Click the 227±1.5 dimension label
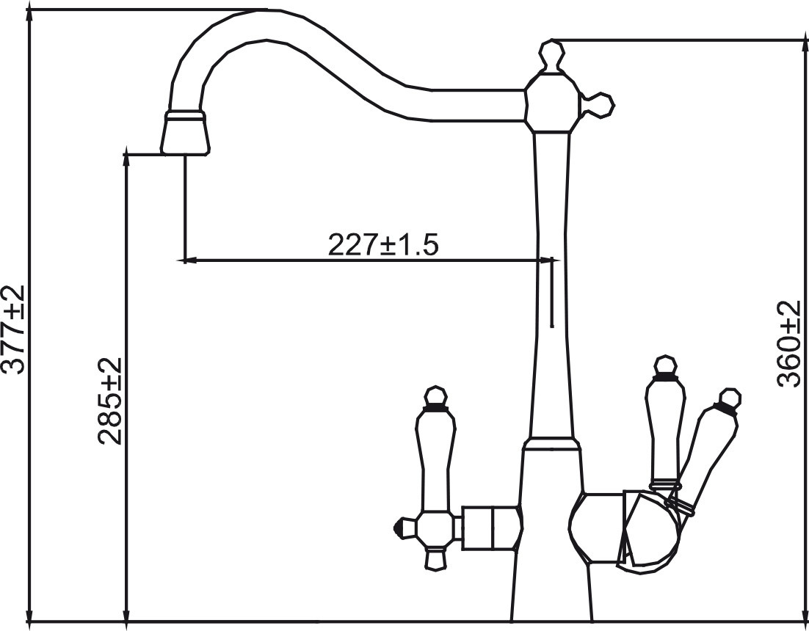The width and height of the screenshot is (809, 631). point(382,244)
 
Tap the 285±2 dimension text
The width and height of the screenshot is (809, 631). point(110,402)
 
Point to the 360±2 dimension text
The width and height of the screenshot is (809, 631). point(789,343)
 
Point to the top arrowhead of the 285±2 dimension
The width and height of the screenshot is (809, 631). point(127,154)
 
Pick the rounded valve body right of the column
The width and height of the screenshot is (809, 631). point(596,526)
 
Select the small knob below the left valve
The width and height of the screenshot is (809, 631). point(435,561)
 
